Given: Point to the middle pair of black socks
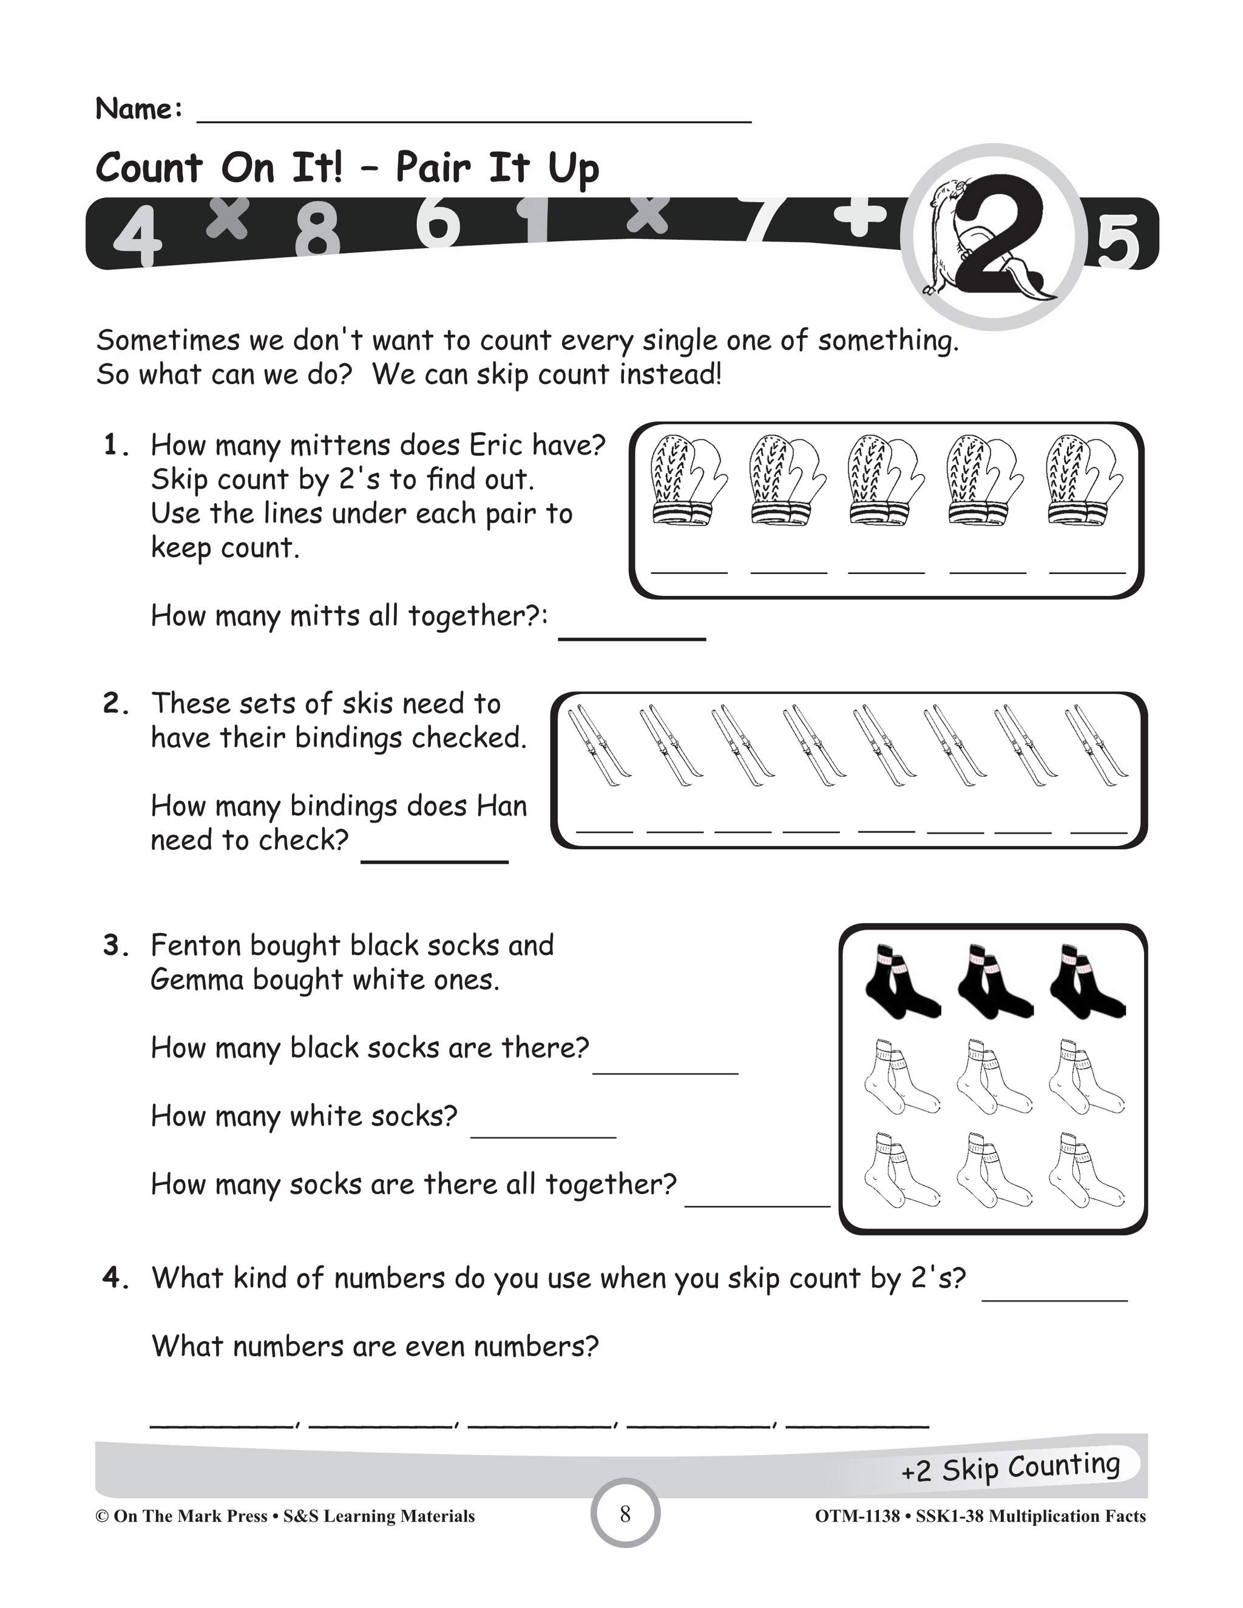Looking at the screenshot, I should (x=994, y=981).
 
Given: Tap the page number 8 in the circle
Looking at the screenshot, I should (x=625, y=1514).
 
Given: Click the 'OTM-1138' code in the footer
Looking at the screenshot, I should (x=857, y=1516).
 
